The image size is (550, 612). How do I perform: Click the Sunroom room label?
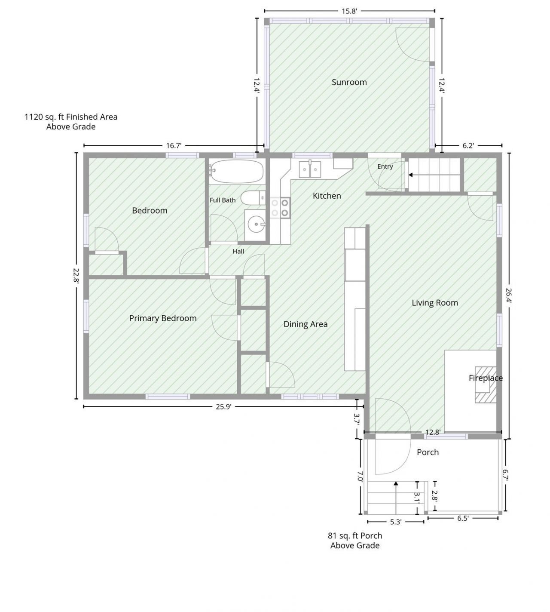tap(349, 82)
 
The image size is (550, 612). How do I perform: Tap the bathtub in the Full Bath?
tap(237, 171)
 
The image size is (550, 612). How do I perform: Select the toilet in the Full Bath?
tap(253, 198)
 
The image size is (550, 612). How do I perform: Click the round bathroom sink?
tap(256, 225)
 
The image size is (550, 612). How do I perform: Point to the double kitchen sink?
tap(310, 169)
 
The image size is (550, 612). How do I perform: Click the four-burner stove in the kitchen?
tap(280, 208)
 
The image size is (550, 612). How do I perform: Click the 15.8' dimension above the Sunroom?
tap(349, 11)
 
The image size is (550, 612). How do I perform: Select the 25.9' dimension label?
tap(224, 407)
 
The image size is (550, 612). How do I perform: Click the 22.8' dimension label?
tap(76, 276)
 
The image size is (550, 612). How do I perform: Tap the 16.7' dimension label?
tap(174, 146)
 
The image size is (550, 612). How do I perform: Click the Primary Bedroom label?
tap(163, 318)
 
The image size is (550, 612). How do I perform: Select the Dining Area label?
tap(306, 324)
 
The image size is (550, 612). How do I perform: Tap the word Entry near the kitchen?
tap(385, 166)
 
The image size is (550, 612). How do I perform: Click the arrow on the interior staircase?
tap(434, 175)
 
